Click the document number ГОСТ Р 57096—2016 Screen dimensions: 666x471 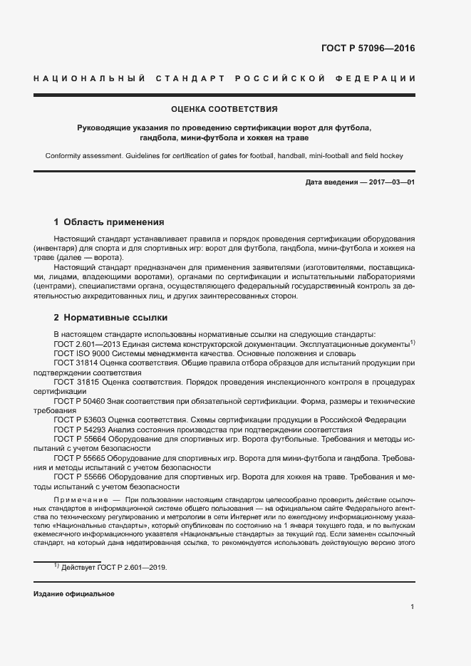tap(370, 49)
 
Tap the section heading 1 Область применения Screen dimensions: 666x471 tap(109, 222)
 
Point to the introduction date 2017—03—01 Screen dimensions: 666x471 tap(389, 182)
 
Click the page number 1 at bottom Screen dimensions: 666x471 tap(413, 606)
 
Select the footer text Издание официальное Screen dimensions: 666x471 tap(74, 593)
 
